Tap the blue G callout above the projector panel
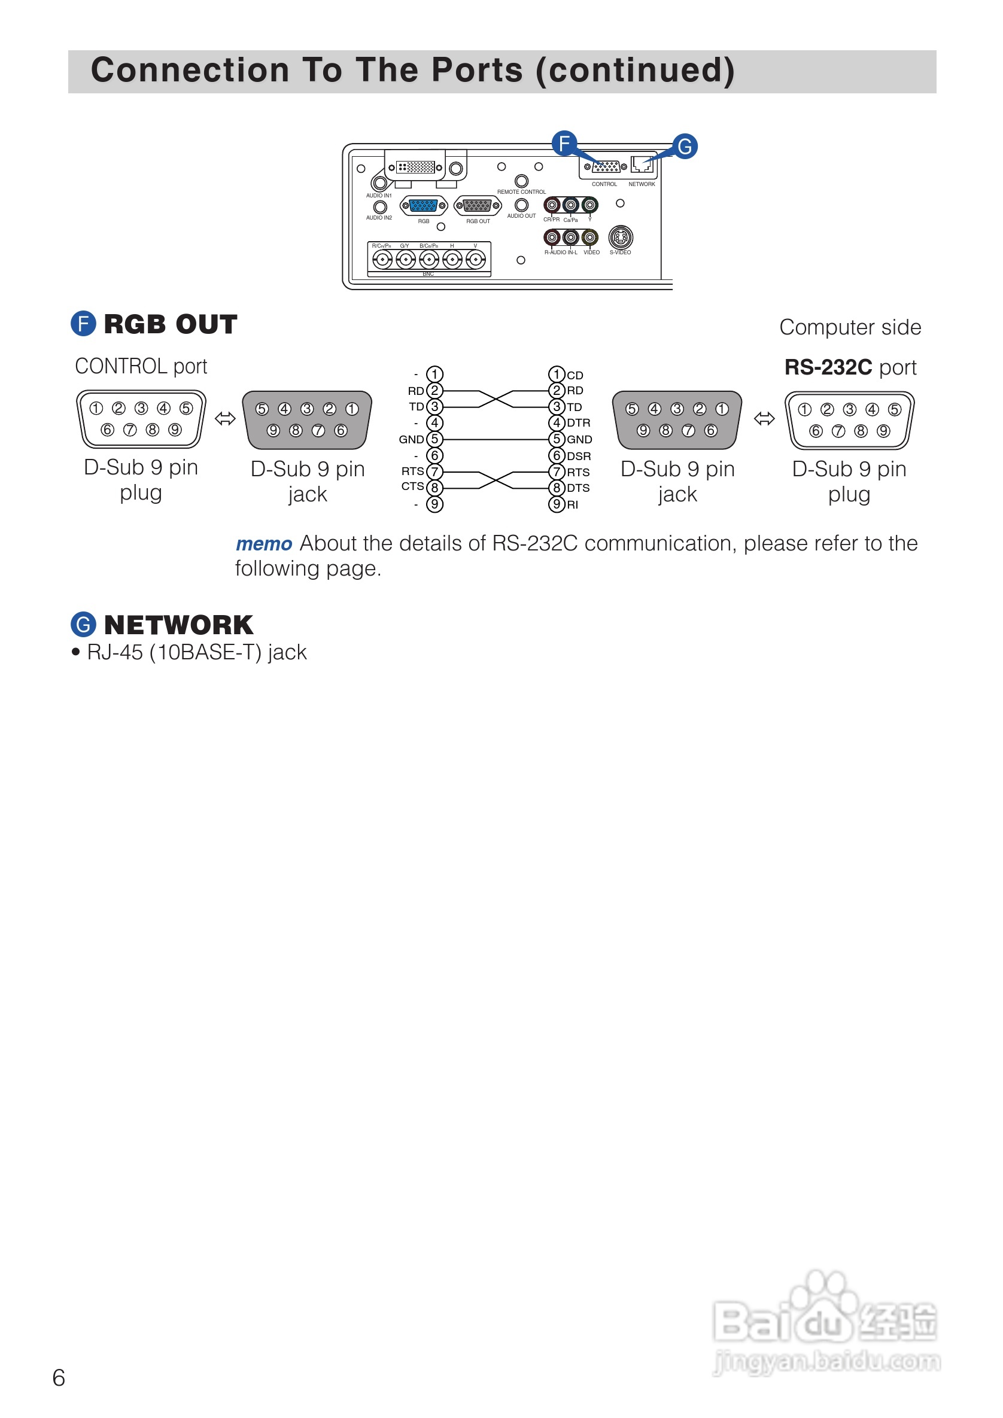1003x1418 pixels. [x=684, y=147]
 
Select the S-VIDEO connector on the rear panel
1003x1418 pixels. [x=620, y=237]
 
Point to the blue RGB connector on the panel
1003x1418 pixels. [x=423, y=206]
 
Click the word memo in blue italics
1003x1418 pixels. [x=264, y=544]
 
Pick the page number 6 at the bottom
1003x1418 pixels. [x=59, y=1378]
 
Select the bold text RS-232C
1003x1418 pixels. [x=828, y=367]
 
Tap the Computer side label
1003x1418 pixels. [x=850, y=327]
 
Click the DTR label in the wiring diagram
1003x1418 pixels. [x=579, y=423]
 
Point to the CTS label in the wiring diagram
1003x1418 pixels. [x=412, y=486]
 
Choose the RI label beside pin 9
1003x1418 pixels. [x=573, y=505]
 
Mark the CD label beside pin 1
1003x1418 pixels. [x=575, y=376]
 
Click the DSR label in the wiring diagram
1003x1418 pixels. [x=579, y=457]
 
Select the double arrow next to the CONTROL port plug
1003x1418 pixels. [x=225, y=419]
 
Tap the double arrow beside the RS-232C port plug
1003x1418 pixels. [x=764, y=419]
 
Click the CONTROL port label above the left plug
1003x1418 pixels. [x=141, y=366]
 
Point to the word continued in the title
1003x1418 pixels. [x=636, y=71]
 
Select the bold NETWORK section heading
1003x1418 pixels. [x=178, y=625]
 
